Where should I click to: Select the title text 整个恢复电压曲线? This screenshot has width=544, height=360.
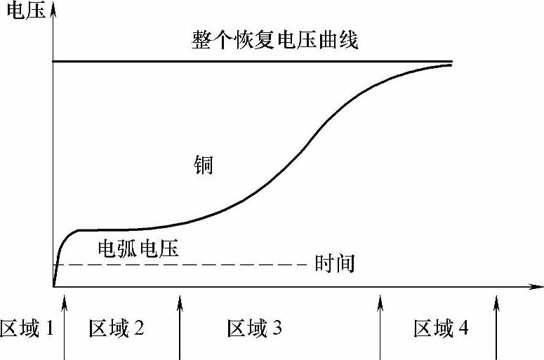click(275, 41)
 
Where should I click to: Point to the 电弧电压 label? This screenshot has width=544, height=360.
click(138, 248)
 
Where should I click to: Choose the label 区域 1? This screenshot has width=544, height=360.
click(27, 328)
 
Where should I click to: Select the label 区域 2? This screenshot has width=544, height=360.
click(117, 328)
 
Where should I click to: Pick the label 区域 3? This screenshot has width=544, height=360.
click(255, 328)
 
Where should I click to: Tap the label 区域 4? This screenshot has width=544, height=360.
click(442, 328)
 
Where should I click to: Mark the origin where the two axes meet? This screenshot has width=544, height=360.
click(53, 287)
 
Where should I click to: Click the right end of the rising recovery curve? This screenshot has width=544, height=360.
click(450, 65)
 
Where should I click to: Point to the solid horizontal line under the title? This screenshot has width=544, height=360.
click(253, 62)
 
